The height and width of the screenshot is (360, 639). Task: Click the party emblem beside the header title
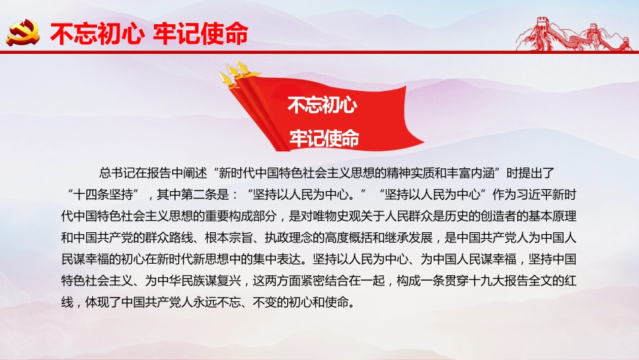click(x=24, y=32)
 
